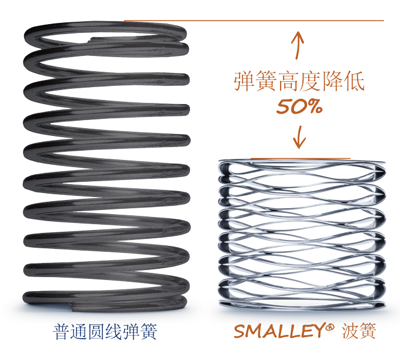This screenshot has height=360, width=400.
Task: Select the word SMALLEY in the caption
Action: pyautogui.click(x=279, y=332)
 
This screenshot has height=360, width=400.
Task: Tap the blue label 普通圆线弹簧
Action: pyautogui.click(x=105, y=332)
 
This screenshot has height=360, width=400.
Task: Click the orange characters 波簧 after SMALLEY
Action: pyautogui.click(x=359, y=331)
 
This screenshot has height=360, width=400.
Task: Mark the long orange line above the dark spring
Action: pyautogui.click(x=253, y=21)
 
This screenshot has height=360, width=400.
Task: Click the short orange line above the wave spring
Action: pyautogui.click(x=300, y=158)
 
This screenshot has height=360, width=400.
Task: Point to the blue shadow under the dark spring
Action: pyautogui.click(x=35, y=308)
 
